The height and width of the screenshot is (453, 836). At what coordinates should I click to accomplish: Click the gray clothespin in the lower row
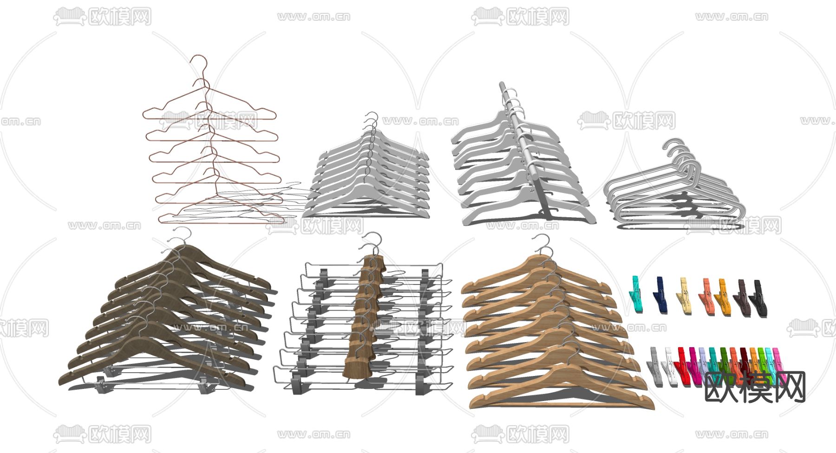coord(655,367)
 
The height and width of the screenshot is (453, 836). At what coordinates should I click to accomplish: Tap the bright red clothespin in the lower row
coord(683,367)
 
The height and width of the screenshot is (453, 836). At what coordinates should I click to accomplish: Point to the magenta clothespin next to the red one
coord(693,367)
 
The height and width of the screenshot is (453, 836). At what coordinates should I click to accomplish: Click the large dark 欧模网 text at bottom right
coord(755,387)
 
